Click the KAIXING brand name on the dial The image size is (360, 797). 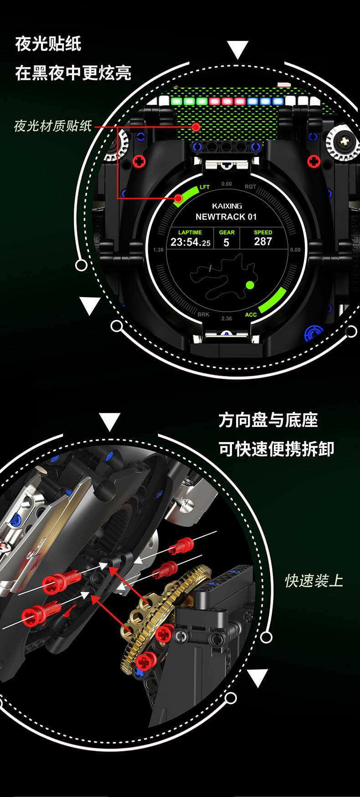227,206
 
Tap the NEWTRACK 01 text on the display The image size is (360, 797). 226,216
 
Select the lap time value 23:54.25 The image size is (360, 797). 190,242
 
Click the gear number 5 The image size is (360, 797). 226,242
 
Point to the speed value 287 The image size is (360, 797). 263,242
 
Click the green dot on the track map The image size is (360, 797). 250,285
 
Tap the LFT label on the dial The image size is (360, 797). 205,187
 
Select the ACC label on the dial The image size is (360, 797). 251,314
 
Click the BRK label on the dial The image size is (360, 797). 203,314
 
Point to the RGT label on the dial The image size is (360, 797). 250,187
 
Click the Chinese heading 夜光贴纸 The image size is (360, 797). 48,44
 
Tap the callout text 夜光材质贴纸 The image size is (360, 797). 53,126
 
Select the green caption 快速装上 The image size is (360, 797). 314,581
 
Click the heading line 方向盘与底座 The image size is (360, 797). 268,420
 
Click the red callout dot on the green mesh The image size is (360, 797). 196,127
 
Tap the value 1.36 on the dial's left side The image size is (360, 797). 159,250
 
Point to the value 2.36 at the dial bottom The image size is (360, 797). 226,319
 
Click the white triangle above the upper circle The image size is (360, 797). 237,48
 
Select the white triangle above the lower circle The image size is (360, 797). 109,421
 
